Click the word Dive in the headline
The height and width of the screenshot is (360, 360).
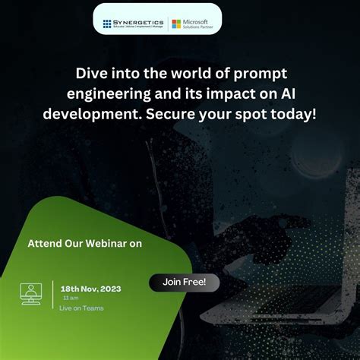point(91,74)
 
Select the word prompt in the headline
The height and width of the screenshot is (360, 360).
point(262,74)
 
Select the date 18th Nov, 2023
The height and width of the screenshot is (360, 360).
point(90,289)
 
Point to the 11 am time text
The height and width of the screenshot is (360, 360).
point(68,298)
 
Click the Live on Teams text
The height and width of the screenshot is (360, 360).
point(81,308)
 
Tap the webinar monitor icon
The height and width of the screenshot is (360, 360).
point(31,293)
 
